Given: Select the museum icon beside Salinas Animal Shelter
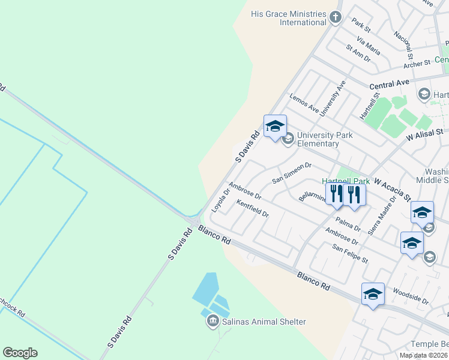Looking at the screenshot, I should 212,322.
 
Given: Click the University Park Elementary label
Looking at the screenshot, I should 325,139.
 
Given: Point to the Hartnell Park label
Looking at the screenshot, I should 345,181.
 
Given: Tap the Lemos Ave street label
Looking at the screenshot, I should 304,103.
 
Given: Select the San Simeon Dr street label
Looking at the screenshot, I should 292,173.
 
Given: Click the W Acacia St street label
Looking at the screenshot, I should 393,188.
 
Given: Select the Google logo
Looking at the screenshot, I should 20,353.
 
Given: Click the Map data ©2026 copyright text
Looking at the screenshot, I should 423,355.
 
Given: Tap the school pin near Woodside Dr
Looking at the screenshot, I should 373,294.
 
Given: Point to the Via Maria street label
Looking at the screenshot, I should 368,46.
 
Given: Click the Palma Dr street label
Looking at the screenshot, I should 348,224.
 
